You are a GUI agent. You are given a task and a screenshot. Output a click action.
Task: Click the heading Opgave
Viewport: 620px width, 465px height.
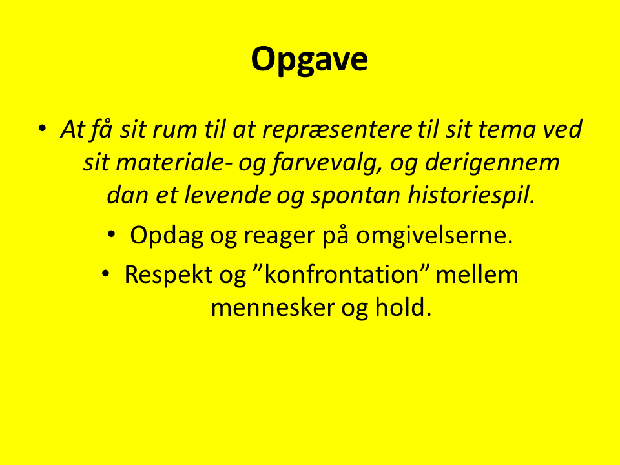click(x=309, y=59)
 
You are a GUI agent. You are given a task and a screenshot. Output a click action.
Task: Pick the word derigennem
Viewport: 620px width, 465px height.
click(x=492, y=163)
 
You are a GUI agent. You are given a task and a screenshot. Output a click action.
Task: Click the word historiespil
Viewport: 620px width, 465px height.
click(x=471, y=196)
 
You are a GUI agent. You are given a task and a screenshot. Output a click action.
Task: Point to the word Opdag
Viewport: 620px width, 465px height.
click(x=167, y=236)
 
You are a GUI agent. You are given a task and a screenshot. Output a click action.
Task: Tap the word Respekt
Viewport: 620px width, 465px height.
click(x=169, y=275)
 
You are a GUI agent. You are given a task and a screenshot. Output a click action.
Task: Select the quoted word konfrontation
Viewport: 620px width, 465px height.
click(x=341, y=274)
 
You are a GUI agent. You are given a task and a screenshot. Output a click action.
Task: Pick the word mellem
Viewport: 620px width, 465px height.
click(x=477, y=274)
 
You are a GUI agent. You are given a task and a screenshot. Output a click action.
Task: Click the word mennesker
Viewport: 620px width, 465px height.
click(x=273, y=307)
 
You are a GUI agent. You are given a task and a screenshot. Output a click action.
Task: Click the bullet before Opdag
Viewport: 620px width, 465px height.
click(x=112, y=234)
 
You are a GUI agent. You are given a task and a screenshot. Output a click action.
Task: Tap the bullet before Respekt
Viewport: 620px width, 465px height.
click(x=105, y=274)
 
